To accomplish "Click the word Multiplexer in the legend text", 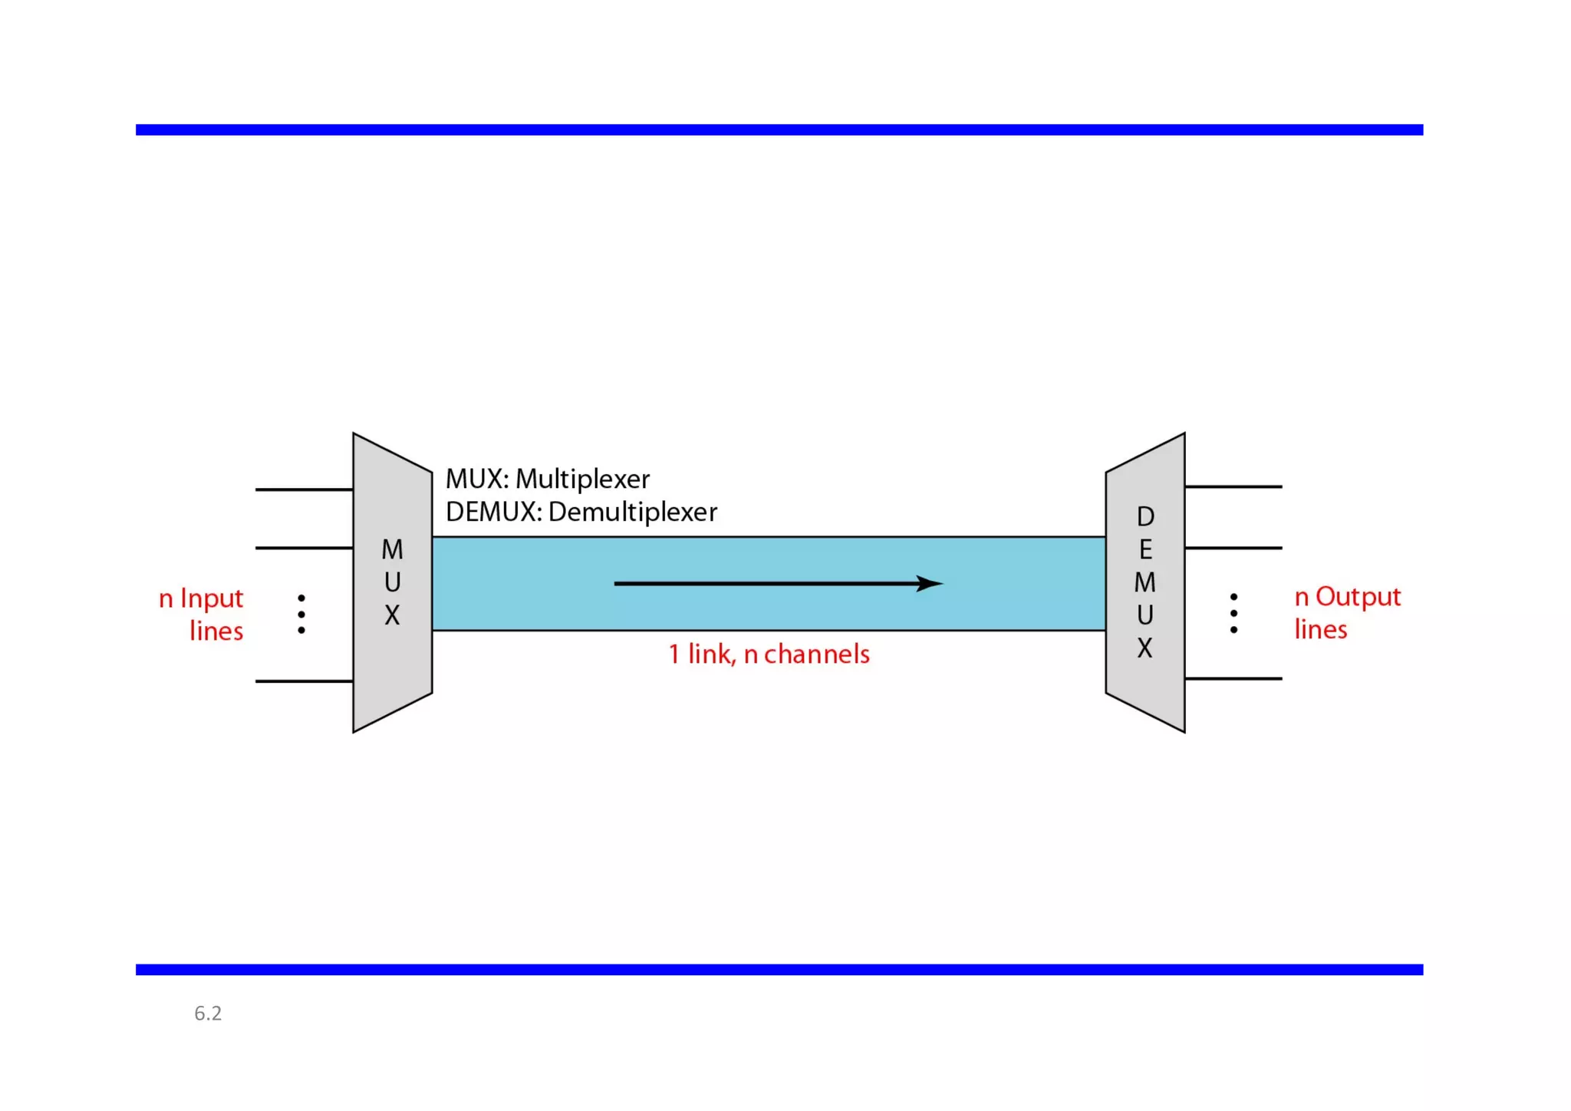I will coord(582,480).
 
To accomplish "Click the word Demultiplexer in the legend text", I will coord(633,513).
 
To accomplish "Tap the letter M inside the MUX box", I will coord(392,549).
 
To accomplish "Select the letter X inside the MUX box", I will coord(392,615).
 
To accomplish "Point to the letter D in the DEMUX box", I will coord(1145,517).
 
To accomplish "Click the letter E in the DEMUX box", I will coord(1145,550).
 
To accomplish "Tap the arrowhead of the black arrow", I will coord(930,584).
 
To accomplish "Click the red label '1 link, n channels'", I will coord(769,654).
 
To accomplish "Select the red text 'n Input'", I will coord(201,598).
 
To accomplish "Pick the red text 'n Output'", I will coord(1347,597).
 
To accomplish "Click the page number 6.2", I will coord(208,1014).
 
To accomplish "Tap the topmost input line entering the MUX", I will coord(304,489).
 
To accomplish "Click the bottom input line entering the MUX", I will coord(304,681).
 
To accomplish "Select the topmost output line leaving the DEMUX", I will coord(1233,486).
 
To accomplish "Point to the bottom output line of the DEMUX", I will coord(1233,678).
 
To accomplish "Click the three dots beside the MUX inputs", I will coord(301,614).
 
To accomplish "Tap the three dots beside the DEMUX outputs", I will coord(1233,613).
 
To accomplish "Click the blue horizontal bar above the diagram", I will coord(779,130).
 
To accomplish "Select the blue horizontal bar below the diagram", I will coord(779,969).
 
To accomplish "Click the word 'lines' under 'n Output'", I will coord(1320,630).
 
